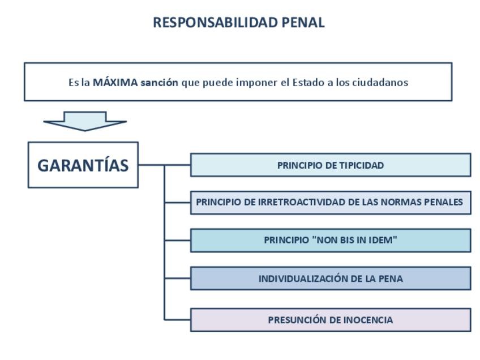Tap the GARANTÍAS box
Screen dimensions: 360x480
(83, 165)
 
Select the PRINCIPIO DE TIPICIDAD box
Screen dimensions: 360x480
(331, 165)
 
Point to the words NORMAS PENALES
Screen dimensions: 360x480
(422, 202)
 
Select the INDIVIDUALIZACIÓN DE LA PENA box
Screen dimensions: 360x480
(331, 278)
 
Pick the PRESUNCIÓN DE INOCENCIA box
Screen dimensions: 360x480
(331, 320)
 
